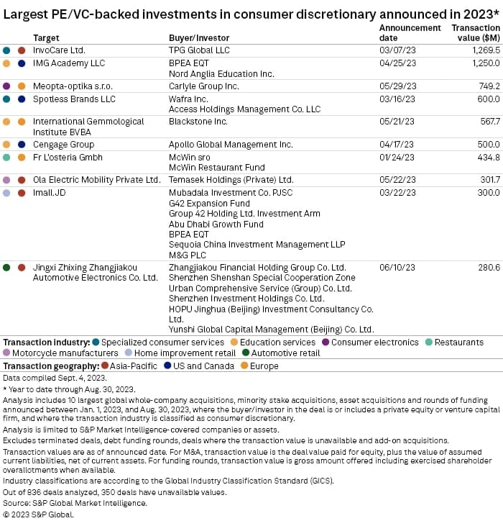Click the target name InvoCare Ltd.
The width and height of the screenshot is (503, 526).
click(58, 50)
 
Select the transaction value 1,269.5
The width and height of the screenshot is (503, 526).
click(483, 50)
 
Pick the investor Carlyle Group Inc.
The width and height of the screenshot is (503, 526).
click(203, 86)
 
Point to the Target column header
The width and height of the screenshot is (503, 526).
click(46, 37)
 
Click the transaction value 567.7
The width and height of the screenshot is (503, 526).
click(487, 122)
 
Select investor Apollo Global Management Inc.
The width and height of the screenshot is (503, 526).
click(231, 145)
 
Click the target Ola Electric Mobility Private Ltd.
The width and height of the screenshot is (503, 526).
click(96, 180)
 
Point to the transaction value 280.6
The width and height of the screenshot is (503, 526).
click(487, 267)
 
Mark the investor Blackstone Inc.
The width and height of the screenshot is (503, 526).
click(198, 122)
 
